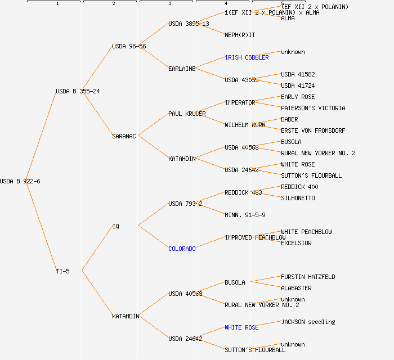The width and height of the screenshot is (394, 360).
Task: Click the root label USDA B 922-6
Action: (x=20, y=181)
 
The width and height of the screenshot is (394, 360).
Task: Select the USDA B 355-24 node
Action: (x=78, y=91)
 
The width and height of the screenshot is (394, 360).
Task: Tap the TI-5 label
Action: (x=62, y=271)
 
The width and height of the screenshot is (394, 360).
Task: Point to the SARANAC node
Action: (x=124, y=136)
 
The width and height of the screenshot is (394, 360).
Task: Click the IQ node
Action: (x=115, y=226)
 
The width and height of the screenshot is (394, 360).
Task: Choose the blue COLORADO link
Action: (x=182, y=249)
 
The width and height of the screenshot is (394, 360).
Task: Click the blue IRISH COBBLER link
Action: (x=247, y=57)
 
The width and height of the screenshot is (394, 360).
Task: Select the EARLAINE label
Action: (x=182, y=69)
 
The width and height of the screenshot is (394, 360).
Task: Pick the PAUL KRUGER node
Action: (x=187, y=114)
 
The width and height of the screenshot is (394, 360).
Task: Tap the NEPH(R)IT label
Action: (x=240, y=35)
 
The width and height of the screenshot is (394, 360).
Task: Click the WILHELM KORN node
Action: (x=245, y=125)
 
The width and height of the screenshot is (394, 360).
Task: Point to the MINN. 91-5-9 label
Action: (x=245, y=215)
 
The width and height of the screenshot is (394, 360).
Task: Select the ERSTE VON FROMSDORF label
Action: (x=313, y=130)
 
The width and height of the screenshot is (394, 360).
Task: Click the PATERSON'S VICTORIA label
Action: (x=313, y=108)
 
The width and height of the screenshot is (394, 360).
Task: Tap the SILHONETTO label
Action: (x=298, y=198)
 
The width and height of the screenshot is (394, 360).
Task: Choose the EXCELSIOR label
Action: (x=296, y=243)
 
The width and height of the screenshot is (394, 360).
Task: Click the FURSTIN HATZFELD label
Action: (x=308, y=277)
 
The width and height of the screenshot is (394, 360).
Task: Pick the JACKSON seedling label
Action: (x=308, y=322)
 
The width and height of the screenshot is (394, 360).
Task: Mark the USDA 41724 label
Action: (x=298, y=85)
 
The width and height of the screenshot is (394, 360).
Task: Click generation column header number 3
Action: (x=169, y=4)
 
